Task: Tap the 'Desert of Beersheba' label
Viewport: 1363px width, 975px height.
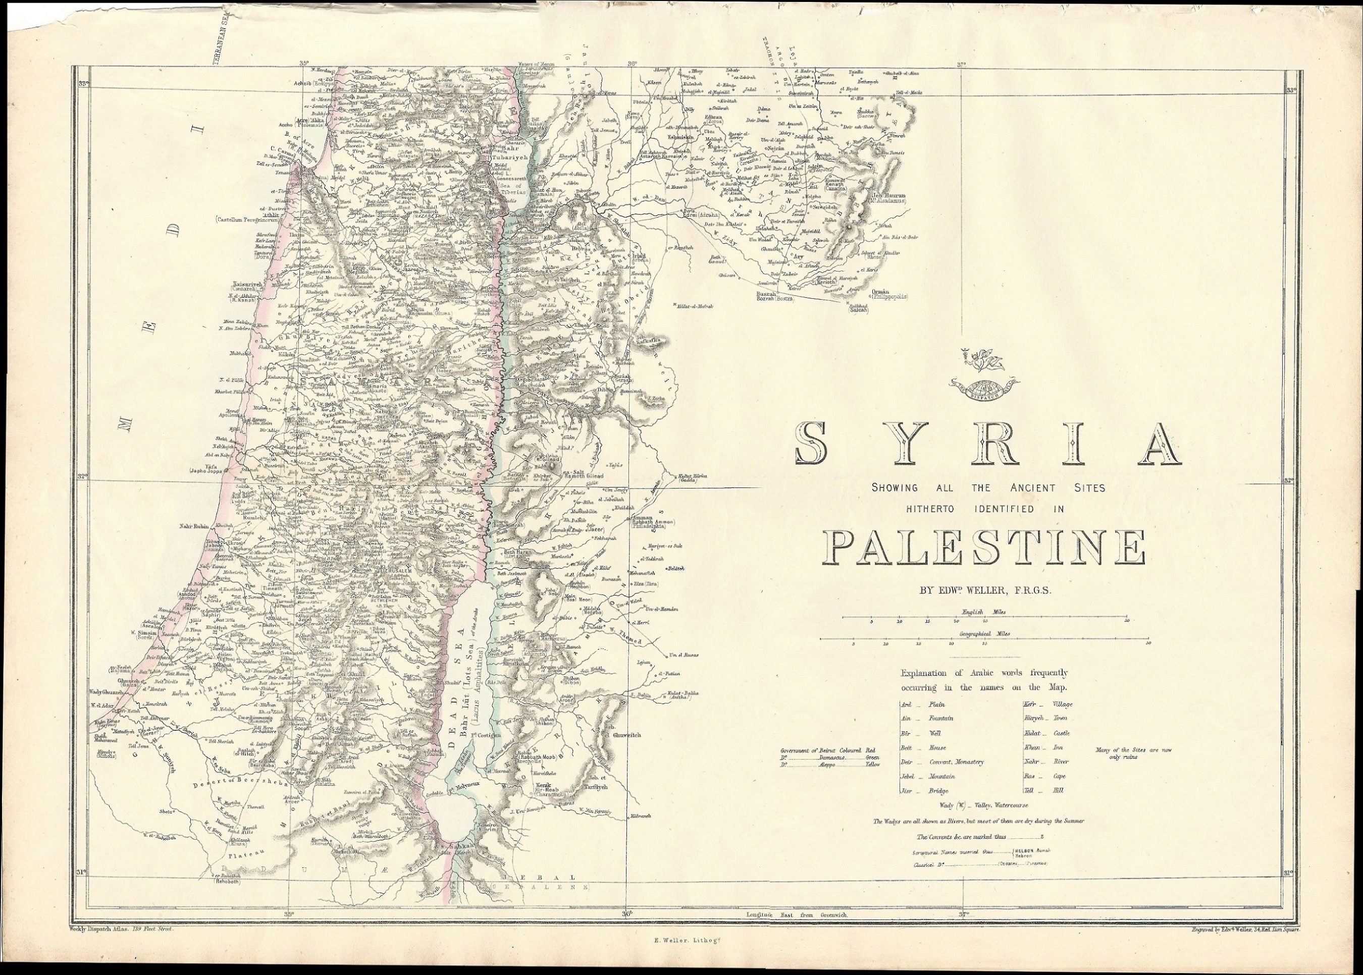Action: pos(226,784)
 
